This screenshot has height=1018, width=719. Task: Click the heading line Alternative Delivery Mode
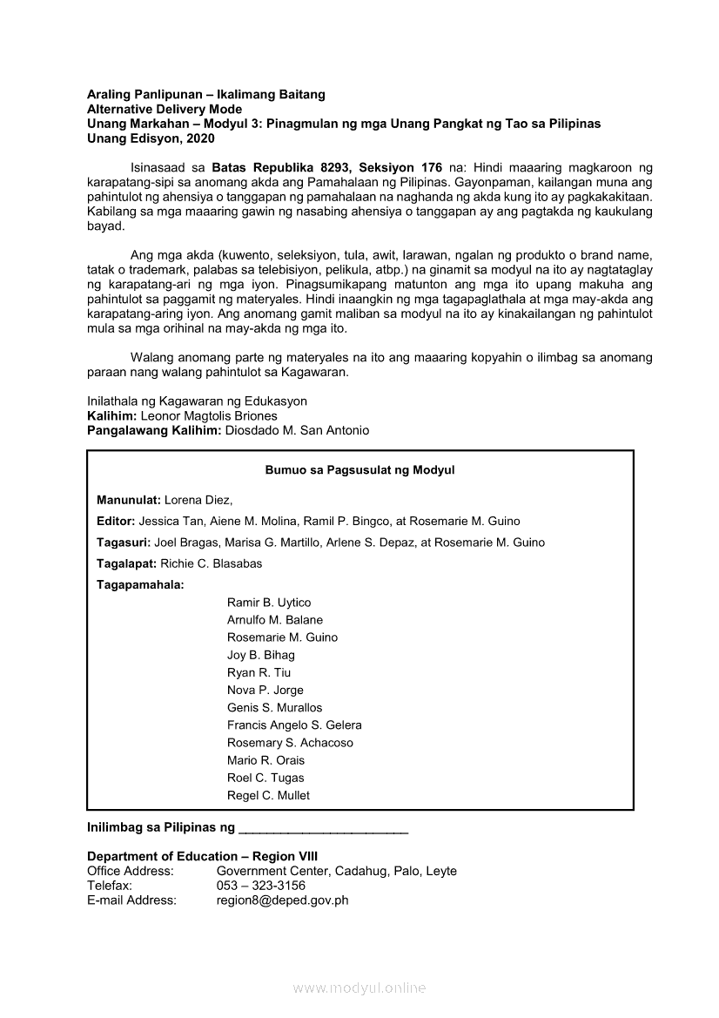(x=165, y=109)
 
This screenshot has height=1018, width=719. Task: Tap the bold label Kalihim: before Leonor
(x=111, y=416)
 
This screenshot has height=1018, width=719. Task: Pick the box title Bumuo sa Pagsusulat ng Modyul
(x=359, y=470)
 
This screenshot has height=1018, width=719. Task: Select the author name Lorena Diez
(x=198, y=500)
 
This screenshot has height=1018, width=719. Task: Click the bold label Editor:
(x=116, y=521)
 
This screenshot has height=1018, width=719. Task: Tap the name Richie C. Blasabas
(x=212, y=563)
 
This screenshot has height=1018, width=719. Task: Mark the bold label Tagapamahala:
(x=140, y=584)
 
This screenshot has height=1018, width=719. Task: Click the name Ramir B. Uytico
(x=269, y=603)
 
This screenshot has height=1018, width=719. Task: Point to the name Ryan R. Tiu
(x=259, y=672)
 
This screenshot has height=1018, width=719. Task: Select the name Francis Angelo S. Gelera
(x=294, y=725)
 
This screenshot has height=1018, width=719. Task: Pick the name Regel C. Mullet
(x=268, y=795)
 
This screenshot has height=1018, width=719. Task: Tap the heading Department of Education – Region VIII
(x=202, y=856)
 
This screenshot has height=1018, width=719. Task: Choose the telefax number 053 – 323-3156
(x=261, y=886)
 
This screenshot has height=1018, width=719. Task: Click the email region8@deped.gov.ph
(x=282, y=900)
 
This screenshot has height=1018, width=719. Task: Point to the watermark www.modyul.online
(x=359, y=988)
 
